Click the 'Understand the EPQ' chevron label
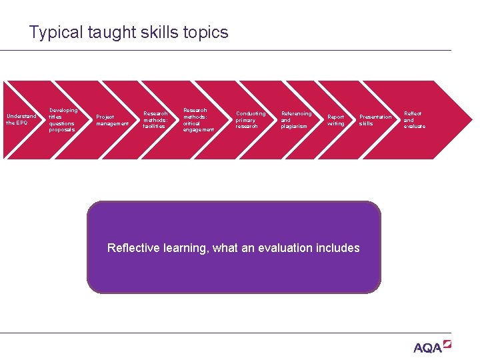tap(21, 119)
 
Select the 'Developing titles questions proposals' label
tap(63, 120)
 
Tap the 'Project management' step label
tap(112, 120)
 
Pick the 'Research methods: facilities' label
tap(155, 120)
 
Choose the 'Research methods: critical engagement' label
tap(199, 120)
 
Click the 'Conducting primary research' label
tap(250, 120)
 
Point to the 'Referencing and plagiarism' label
tap(296, 120)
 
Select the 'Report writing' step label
tap(336, 120)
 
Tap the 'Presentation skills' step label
tap(375, 120)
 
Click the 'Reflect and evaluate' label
tap(414, 120)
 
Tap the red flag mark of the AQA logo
tap(447, 344)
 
